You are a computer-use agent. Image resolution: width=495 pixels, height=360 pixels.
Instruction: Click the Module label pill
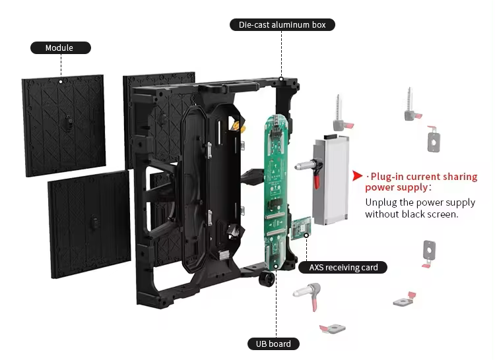click(60, 47)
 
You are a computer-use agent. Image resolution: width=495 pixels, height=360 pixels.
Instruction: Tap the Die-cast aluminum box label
click(282, 25)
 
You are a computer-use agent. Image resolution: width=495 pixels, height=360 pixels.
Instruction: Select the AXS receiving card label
click(343, 267)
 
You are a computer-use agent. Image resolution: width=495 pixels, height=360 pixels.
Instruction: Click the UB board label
click(273, 344)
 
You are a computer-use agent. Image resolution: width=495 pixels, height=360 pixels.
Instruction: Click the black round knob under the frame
click(267, 280)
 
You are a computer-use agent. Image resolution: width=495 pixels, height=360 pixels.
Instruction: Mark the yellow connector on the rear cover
click(234, 123)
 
